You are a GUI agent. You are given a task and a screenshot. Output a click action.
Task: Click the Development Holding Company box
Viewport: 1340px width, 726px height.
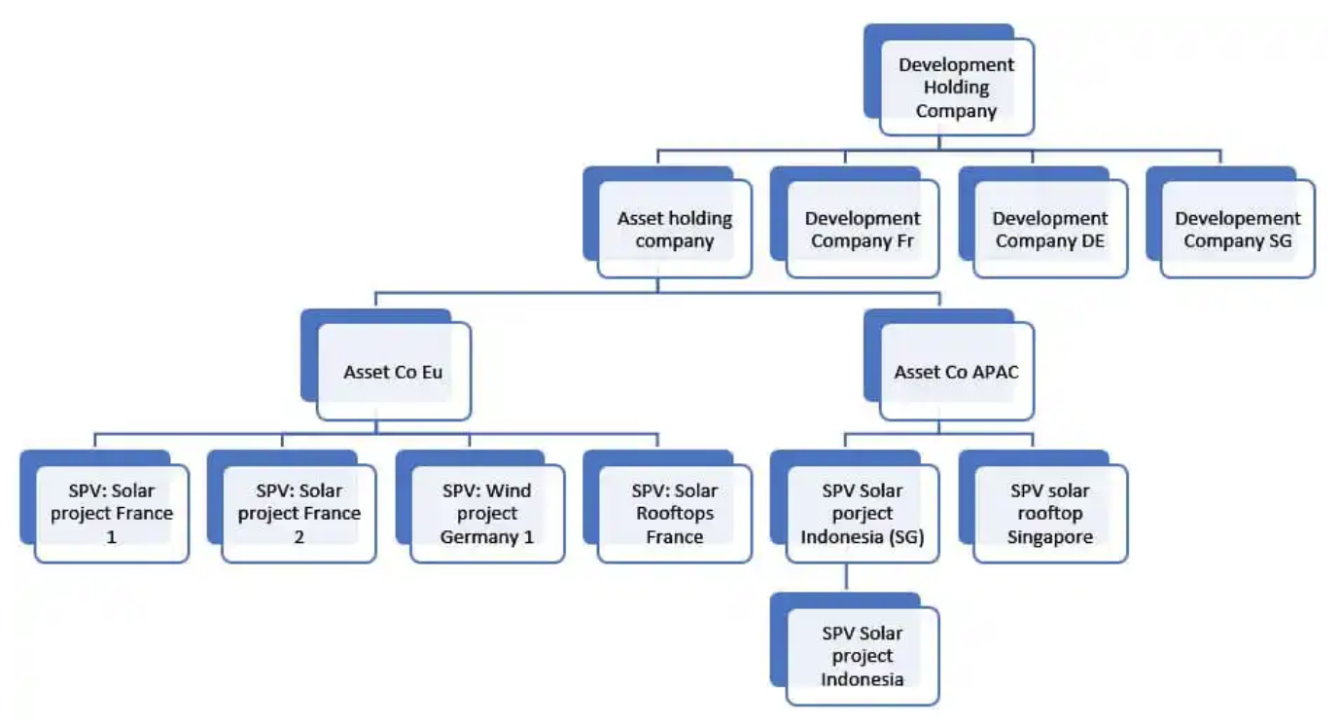click(x=956, y=87)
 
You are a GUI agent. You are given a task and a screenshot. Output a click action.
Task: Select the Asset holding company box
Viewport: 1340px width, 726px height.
click(x=674, y=230)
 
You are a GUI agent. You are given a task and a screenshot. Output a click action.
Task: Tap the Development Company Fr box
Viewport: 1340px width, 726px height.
click(x=862, y=230)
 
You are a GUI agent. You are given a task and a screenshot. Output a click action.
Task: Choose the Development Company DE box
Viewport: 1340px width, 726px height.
click(x=1050, y=230)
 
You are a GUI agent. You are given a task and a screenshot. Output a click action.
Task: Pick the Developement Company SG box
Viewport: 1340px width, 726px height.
click(x=1237, y=230)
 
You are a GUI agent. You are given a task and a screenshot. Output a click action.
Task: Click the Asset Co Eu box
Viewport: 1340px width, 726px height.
click(x=394, y=372)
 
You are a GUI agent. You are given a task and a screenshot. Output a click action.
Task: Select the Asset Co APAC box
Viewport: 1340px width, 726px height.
click(x=956, y=372)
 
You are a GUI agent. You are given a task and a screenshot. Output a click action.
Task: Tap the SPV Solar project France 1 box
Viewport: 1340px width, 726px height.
click(x=111, y=514)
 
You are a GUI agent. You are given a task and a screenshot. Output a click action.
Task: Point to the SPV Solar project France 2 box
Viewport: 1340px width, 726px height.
click(x=299, y=514)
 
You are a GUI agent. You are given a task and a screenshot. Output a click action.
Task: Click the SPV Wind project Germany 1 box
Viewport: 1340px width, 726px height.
click(x=486, y=514)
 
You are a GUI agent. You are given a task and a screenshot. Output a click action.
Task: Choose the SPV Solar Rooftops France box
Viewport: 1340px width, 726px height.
click(x=674, y=514)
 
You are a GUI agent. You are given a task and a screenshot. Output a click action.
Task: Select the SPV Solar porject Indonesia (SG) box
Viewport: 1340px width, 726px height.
click(x=862, y=514)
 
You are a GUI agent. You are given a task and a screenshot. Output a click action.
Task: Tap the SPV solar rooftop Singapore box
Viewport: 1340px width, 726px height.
click(x=1050, y=514)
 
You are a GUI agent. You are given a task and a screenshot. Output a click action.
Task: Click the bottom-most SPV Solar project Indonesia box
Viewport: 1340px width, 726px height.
click(x=862, y=656)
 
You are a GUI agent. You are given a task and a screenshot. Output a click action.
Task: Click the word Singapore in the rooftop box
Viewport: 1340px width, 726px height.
click(x=1050, y=536)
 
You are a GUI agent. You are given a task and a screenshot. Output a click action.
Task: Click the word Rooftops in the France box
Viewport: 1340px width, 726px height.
click(x=674, y=514)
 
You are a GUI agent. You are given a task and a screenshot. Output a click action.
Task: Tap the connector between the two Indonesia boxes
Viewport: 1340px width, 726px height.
click(x=845, y=578)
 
